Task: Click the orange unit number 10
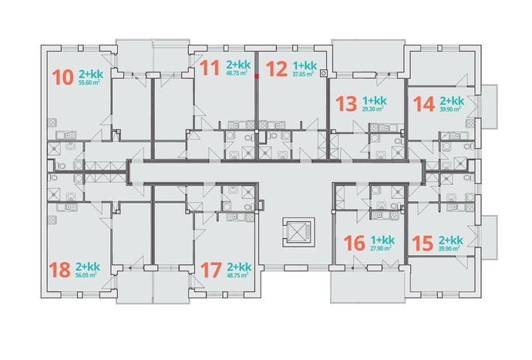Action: pos(63,77)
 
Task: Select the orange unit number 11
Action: pos(210,68)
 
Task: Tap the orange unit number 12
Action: pos(277,69)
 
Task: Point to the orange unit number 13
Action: pos(346,104)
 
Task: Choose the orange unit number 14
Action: pos(424,104)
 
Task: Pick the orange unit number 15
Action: pos(423,244)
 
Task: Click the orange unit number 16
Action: pos(354,244)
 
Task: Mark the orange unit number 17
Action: pos(211,270)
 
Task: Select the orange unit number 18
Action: pos(59,270)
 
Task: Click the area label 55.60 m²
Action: pos(89,82)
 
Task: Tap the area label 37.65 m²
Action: pos(303,74)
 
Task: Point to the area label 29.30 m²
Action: pos(373,109)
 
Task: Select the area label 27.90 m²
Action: pos(381,248)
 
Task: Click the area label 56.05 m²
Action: pos(86,275)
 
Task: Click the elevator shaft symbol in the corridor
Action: pos(298,232)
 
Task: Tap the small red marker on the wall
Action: pos(257,76)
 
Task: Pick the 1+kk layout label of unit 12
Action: pos(305,66)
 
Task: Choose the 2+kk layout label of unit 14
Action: pos(452,101)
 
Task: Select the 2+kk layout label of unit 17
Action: pos(239,267)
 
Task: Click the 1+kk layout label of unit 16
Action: pos(382,240)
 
